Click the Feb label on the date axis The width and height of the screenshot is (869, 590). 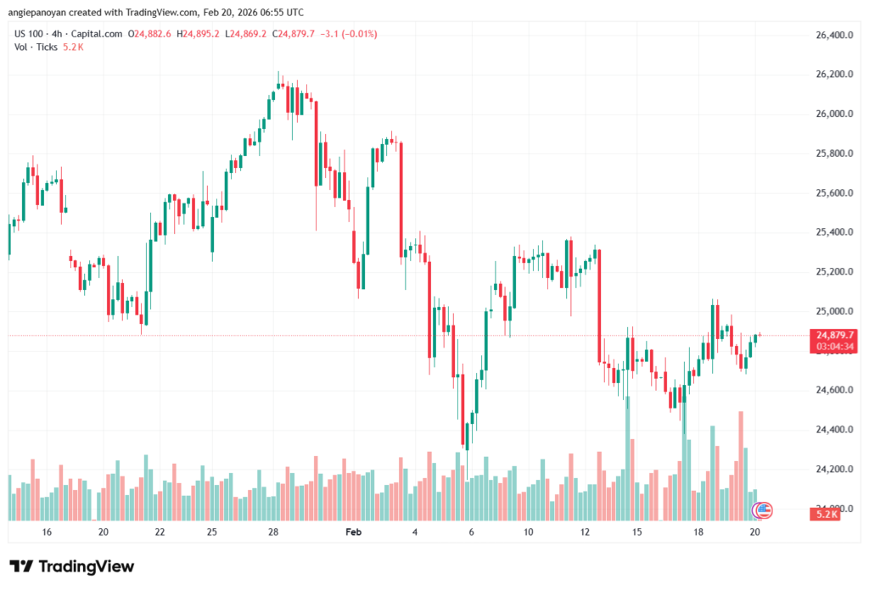pos(354,532)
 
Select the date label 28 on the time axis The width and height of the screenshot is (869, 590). pos(273,532)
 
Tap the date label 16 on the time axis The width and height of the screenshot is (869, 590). pos(47,532)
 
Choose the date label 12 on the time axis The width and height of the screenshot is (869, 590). pos(585,532)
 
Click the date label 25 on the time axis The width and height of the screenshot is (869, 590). pos(211,532)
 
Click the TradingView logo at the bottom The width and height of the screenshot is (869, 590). pos(72,566)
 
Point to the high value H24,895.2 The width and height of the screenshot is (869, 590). pos(199,34)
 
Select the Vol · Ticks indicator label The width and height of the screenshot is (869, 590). pos(36,47)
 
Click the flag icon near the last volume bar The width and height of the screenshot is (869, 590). pos(763,510)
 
